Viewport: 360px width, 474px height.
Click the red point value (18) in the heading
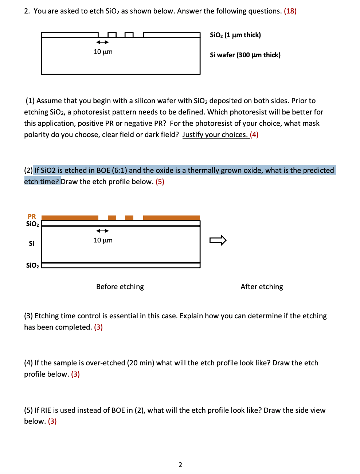point(290,11)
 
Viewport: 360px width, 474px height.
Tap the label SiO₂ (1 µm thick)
point(235,35)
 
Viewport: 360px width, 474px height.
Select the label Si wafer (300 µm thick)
point(245,55)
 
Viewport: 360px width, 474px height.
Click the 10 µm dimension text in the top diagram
point(103,52)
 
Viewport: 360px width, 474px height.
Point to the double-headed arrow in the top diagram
point(102,42)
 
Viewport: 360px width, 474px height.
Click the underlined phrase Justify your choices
point(215,135)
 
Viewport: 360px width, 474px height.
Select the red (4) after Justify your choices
point(254,135)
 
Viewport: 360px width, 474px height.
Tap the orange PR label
point(32,216)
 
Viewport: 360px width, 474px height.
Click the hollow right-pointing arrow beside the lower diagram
point(218,240)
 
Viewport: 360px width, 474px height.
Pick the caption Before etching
point(120,287)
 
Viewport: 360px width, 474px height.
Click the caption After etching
point(262,287)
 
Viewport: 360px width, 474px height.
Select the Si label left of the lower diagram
point(32,243)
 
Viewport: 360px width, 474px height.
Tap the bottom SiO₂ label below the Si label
point(32,265)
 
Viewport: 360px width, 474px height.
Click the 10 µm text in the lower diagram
point(103,240)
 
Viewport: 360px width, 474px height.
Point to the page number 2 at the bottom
point(180,465)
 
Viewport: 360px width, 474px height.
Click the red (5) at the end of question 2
point(160,182)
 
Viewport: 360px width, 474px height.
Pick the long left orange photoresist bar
point(70,218)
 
